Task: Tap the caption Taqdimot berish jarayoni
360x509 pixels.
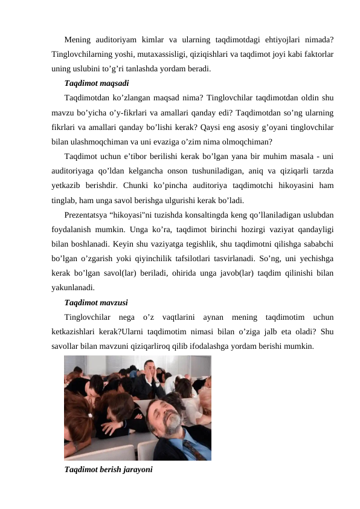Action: (109, 470)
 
